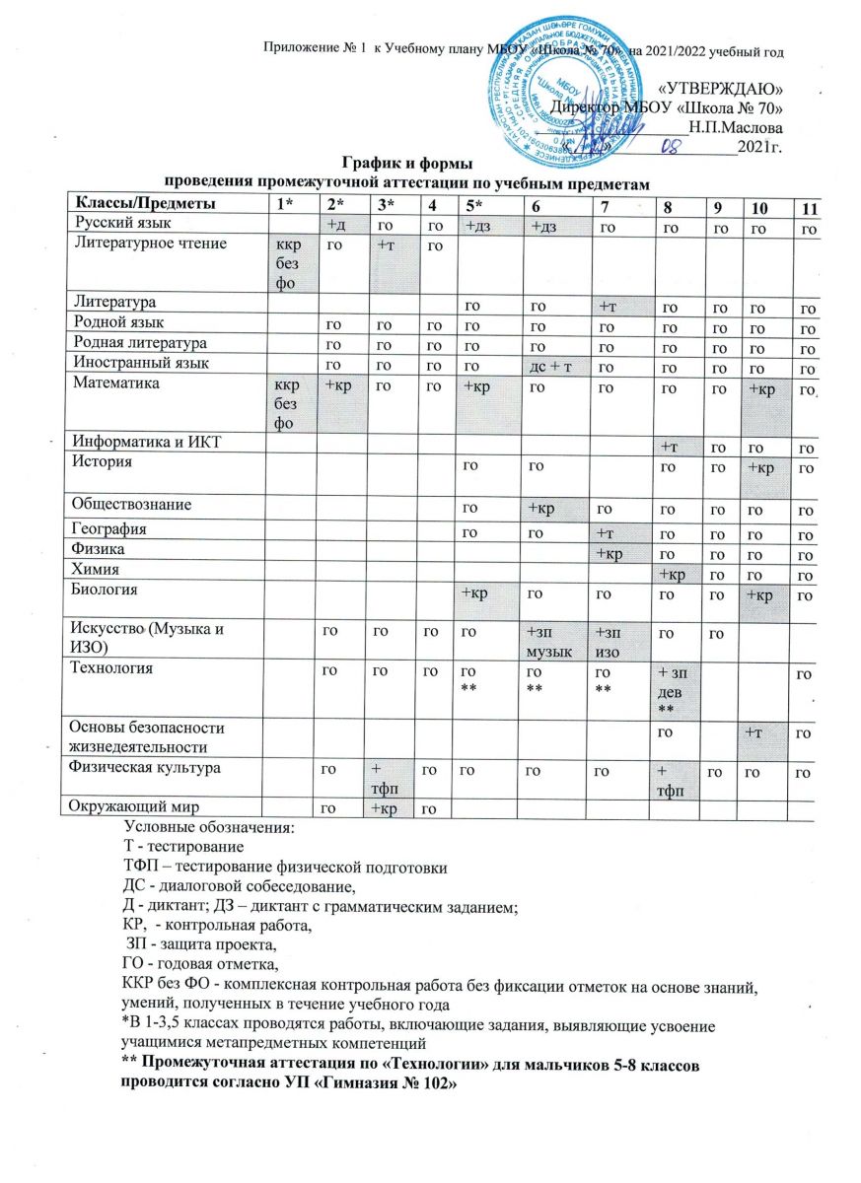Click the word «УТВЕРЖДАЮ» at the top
tap(721, 86)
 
